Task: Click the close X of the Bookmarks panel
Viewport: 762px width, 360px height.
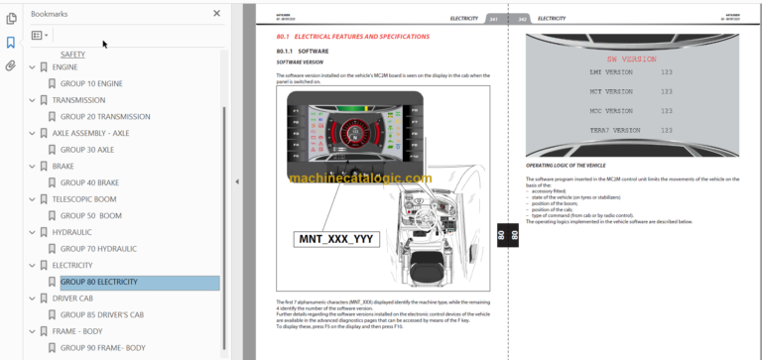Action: pos(217,14)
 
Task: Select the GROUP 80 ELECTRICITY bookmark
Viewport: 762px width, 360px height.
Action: pos(98,282)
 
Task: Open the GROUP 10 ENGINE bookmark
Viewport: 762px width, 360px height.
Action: pos(92,83)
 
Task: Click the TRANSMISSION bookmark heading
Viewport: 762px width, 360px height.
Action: pos(85,100)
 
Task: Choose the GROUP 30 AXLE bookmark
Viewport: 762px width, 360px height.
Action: pos(87,150)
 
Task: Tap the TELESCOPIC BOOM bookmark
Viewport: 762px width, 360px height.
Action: pos(91,198)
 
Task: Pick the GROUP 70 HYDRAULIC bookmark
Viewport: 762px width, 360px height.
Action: pos(98,249)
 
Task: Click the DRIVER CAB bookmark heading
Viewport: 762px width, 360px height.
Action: pos(79,299)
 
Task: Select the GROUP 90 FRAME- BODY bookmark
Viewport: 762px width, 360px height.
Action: pos(102,347)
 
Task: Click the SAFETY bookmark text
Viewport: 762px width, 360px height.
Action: pos(72,54)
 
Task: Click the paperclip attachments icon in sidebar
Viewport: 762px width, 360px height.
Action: pos(10,66)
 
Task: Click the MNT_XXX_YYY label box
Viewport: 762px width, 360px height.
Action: pos(337,239)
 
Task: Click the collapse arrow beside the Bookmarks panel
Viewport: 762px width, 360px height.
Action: pos(236,181)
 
